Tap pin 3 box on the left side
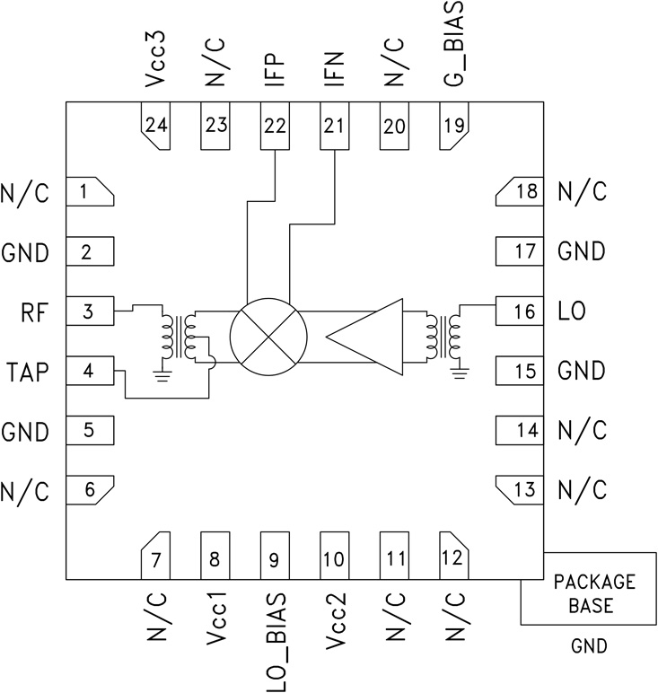pos(91,311)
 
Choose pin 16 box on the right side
pos(520,311)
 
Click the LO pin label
pos(574,311)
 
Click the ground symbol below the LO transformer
pos(460,370)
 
